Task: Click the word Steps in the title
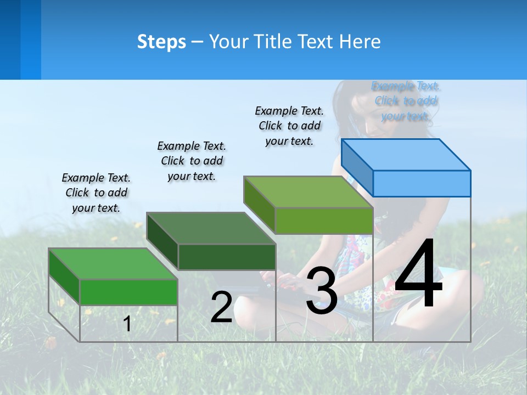tap(161, 42)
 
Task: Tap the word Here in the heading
tap(360, 42)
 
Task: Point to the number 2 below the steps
tap(221, 307)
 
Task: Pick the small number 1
tap(127, 324)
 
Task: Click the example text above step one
tap(96, 193)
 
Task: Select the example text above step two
tap(192, 161)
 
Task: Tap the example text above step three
tap(289, 126)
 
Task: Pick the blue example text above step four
tap(406, 101)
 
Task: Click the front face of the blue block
tap(422, 183)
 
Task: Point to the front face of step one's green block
tap(128, 292)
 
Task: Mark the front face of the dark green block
tap(227, 257)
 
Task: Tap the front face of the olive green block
tap(324, 221)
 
